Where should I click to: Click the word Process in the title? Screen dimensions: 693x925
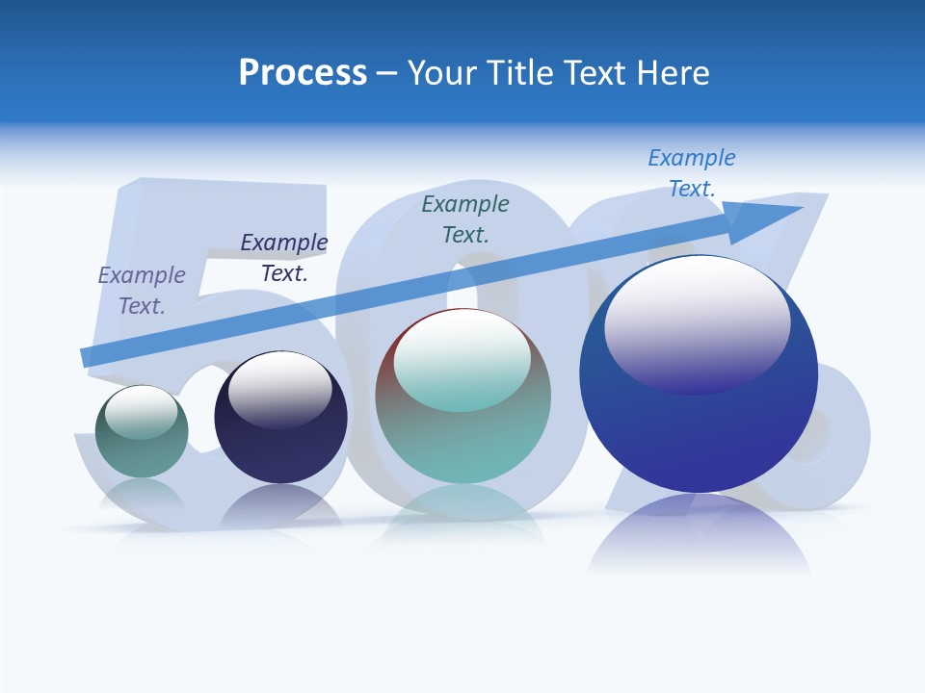303,73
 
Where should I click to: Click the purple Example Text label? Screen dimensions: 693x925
142,291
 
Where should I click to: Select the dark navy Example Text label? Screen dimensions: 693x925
284,258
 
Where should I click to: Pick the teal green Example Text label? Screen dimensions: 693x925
465,218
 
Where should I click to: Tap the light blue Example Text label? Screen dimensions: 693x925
692,173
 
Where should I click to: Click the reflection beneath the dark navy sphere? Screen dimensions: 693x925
280,505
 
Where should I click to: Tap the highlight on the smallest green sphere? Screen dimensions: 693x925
141,411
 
